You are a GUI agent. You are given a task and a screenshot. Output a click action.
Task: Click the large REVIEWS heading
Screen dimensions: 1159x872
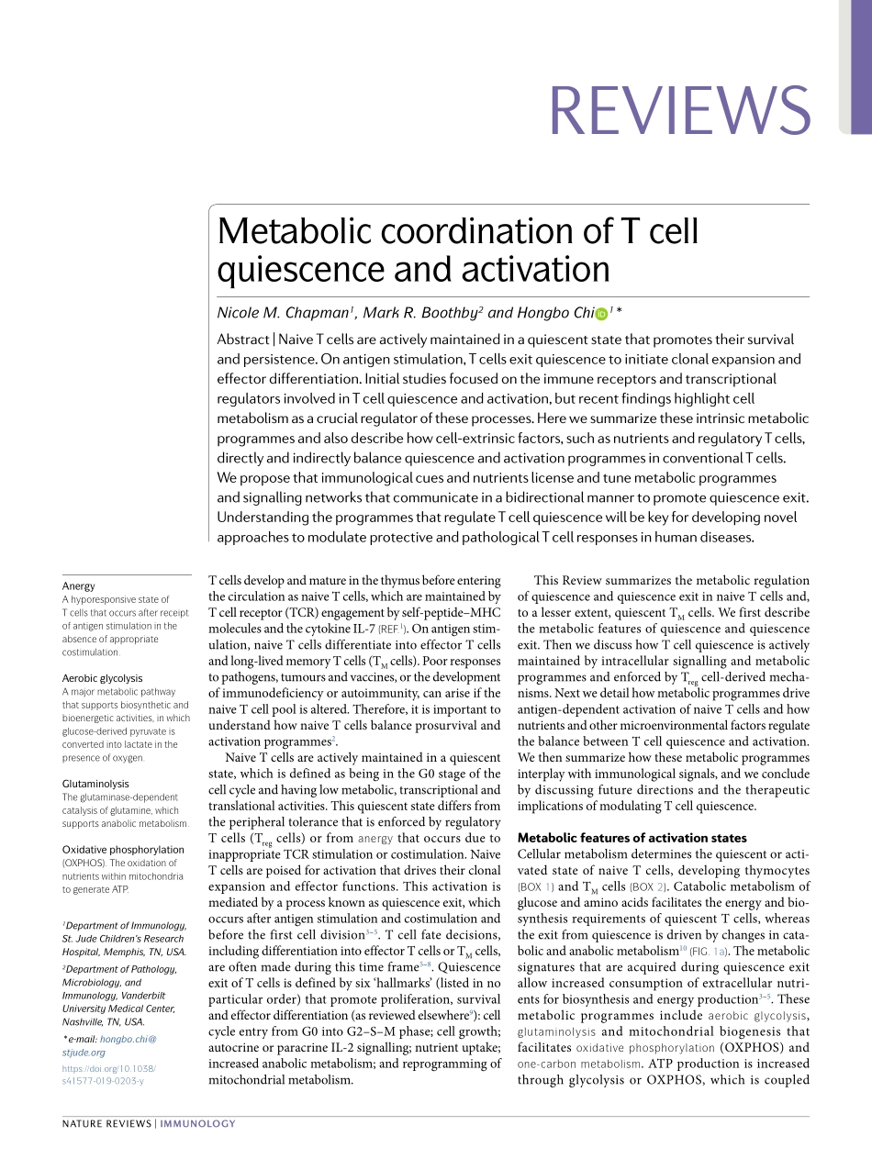click(679, 110)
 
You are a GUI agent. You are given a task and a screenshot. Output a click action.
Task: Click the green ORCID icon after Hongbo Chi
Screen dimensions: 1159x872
click(602, 314)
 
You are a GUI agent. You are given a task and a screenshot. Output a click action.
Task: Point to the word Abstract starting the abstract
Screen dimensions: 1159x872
click(243, 340)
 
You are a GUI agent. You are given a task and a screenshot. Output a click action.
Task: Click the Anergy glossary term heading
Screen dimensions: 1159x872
click(79, 585)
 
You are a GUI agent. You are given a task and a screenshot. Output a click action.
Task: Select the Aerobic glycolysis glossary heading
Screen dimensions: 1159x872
click(102, 678)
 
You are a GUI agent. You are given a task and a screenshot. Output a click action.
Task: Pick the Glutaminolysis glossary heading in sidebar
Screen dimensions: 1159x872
click(95, 784)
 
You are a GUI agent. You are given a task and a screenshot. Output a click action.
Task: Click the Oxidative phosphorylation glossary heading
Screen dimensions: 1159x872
click(123, 850)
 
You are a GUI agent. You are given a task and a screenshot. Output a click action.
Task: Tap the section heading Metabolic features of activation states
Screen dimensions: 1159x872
click(632, 838)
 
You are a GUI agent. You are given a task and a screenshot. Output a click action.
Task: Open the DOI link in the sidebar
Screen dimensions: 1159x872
click(108, 1075)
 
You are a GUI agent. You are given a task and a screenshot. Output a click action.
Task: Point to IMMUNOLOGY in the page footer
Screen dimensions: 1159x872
click(198, 1123)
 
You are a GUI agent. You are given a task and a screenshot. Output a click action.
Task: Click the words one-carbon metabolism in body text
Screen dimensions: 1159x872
click(578, 1064)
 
